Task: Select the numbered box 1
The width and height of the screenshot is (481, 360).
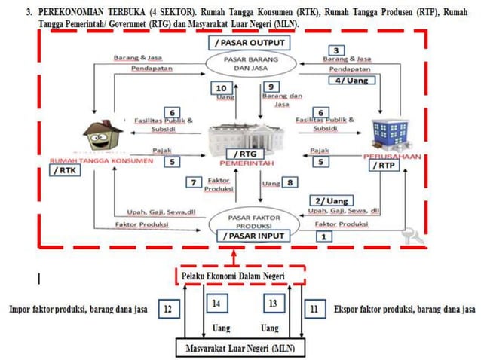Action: click(x=324, y=236)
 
